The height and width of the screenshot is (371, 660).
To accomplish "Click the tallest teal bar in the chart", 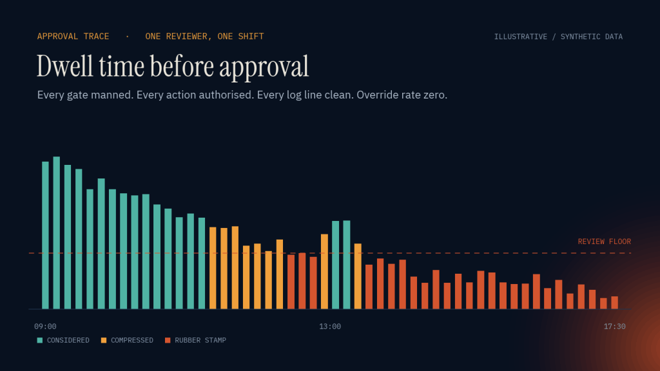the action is [x=57, y=233].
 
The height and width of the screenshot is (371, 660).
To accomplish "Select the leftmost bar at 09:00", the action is [x=46, y=235].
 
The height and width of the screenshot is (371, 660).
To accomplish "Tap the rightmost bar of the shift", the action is [x=614, y=303].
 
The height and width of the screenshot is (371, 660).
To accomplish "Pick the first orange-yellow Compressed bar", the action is [x=213, y=268].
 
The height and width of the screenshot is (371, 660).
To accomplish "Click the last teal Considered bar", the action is [x=347, y=265].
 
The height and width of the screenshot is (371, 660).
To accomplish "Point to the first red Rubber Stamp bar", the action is [x=291, y=282].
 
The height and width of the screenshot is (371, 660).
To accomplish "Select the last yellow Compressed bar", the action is [x=358, y=276].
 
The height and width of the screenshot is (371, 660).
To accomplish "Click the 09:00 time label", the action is [x=45, y=327].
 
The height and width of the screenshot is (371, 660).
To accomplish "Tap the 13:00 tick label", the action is [x=330, y=327].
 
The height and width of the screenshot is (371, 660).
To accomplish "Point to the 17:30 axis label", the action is [x=614, y=327].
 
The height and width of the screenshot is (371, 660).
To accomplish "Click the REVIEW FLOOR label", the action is [x=605, y=242].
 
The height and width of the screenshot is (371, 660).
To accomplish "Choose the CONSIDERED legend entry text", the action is [x=68, y=340].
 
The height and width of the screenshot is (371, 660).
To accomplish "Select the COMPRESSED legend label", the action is [x=132, y=340].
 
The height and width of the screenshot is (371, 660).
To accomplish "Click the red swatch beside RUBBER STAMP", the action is [x=168, y=340].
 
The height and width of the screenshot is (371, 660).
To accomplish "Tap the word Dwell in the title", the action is [x=65, y=66].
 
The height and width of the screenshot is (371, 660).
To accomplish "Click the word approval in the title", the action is [x=264, y=67].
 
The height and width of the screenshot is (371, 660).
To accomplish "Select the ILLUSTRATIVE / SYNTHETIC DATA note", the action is [x=559, y=37].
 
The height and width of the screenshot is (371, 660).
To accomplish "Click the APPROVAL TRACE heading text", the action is [x=73, y=37].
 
